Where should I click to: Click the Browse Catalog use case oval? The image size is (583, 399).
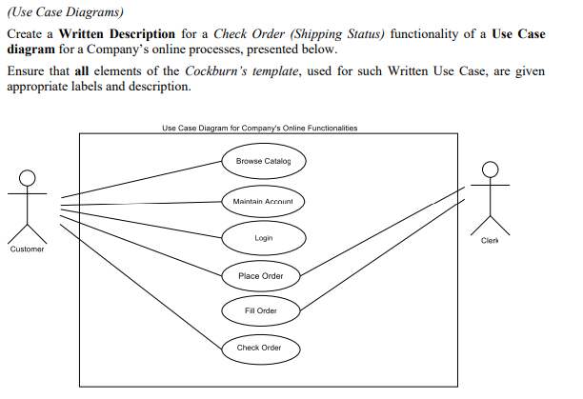264,162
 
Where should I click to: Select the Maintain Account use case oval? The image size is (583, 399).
264,201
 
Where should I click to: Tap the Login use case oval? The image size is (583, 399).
264,238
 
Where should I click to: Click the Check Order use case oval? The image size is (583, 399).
259,348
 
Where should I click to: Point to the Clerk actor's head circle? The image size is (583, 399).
491,170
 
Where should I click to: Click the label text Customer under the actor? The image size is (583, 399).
28,249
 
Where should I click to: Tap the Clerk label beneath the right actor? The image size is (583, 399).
491,241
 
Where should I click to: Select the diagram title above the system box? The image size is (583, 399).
260,129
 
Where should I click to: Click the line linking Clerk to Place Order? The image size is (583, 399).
381,233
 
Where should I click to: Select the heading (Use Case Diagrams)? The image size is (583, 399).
64,11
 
